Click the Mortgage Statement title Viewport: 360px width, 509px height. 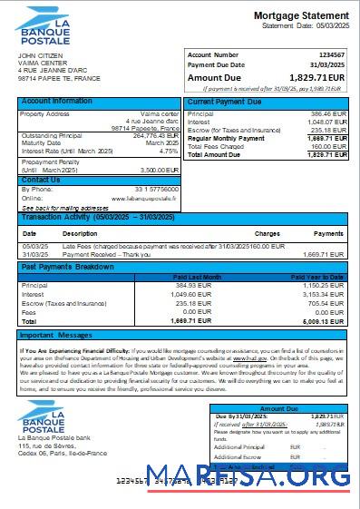(300, 15)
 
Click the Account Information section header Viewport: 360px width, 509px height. (56, 101)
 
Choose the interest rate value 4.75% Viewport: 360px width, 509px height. (168, 151)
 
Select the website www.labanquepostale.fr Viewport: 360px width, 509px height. (143, 198)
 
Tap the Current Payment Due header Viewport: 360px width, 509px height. (224, 101)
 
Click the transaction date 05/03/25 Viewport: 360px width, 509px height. (35, 246)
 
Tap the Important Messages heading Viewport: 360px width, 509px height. (56, 336)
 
